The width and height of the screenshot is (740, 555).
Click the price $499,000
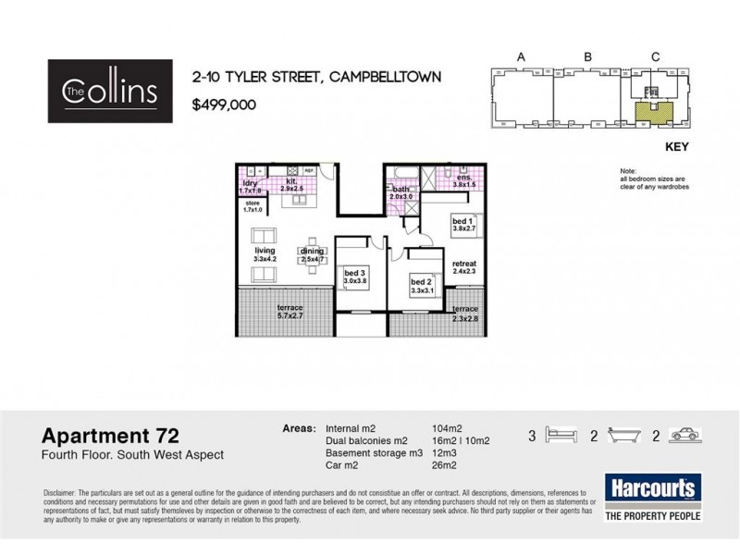click(x=224, y=105)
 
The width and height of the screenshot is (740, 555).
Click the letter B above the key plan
click(x=587, y=57)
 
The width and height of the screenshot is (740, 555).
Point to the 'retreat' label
click(x=463, y=265)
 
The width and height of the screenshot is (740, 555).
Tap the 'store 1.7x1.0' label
click(x=253, y=206)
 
